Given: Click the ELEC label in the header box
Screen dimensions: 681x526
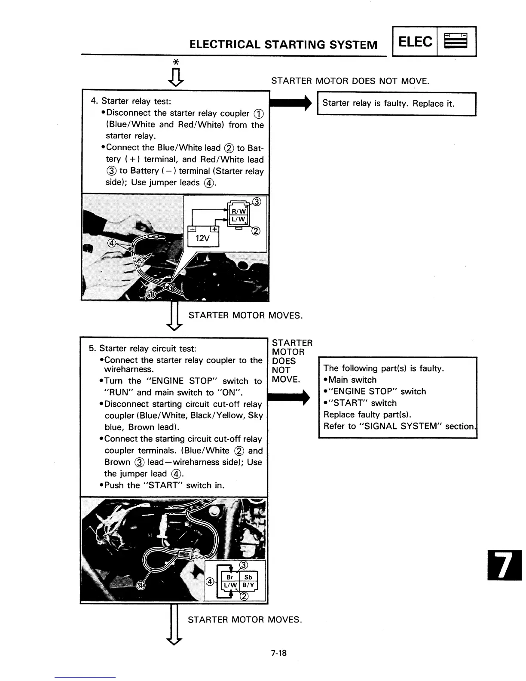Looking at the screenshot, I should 416,42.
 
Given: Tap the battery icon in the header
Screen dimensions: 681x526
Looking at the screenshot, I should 456,42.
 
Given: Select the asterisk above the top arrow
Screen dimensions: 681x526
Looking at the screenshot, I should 175,62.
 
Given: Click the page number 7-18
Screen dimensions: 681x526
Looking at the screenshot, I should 278,653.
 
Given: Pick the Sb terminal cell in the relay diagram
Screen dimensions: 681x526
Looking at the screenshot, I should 248,577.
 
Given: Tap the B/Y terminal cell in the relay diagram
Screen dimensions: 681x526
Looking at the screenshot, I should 248,585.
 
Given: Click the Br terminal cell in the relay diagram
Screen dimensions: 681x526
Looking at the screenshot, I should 230,577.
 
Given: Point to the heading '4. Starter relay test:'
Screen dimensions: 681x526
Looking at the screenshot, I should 131,101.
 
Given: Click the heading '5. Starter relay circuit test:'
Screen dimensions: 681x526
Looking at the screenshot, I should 142,349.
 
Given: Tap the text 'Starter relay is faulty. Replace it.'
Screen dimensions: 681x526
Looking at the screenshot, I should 388,104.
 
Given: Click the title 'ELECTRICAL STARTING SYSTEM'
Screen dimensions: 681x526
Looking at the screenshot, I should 284,45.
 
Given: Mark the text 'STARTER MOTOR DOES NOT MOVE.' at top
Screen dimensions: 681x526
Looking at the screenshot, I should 350,81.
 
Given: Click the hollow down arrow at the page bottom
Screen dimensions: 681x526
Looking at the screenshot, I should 174,626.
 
